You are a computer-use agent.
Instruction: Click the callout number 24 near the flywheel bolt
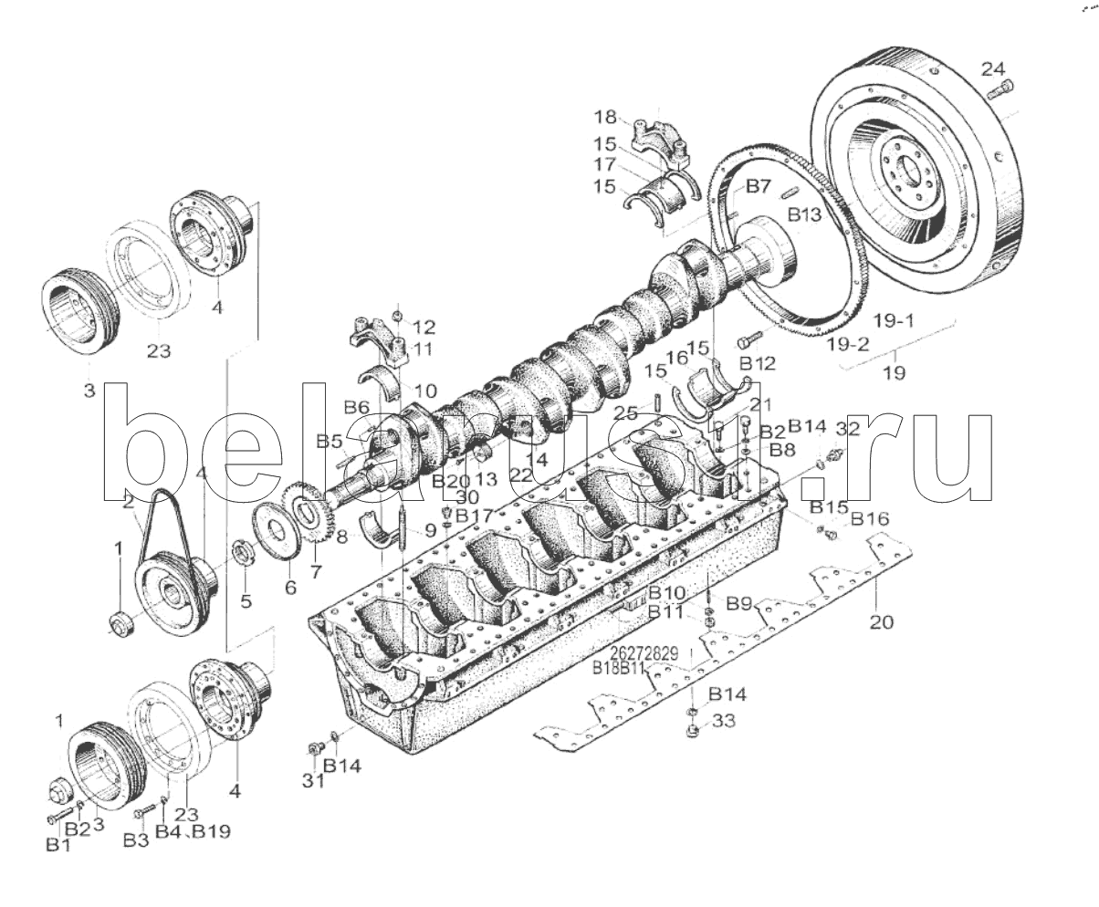point(993,68)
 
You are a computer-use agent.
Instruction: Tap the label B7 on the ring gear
point(759,187)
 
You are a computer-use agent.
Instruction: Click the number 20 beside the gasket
point(882,622)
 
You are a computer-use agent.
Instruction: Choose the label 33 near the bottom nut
point(724,722)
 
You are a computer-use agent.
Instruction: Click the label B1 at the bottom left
point(58,846)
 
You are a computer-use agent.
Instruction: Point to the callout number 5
point(245,600)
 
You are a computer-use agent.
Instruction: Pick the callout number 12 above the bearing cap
point(424,327)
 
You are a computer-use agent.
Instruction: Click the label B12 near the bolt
point(758,363)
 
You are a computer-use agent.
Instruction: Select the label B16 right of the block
point(869,518)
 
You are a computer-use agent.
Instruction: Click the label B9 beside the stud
point(739,603)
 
